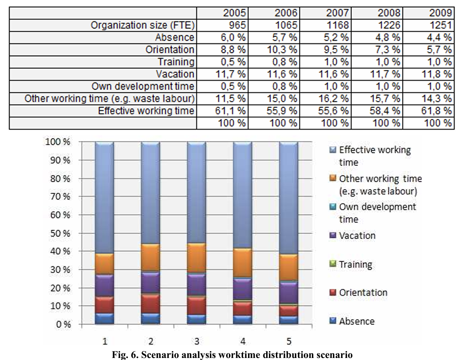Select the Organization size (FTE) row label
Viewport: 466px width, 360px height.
[x=143, y=25]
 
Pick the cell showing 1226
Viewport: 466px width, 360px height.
[x=389, y=25]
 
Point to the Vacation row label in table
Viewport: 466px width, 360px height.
[x=175, y=74]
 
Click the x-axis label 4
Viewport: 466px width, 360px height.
[x=242, y=340]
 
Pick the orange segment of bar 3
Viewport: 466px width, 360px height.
[x=196, y=258]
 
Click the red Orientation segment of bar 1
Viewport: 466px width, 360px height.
[x=104, y=305]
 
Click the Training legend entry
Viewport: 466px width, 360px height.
[x=355, y=265]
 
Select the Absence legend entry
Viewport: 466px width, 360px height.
[x=356, y=322]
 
